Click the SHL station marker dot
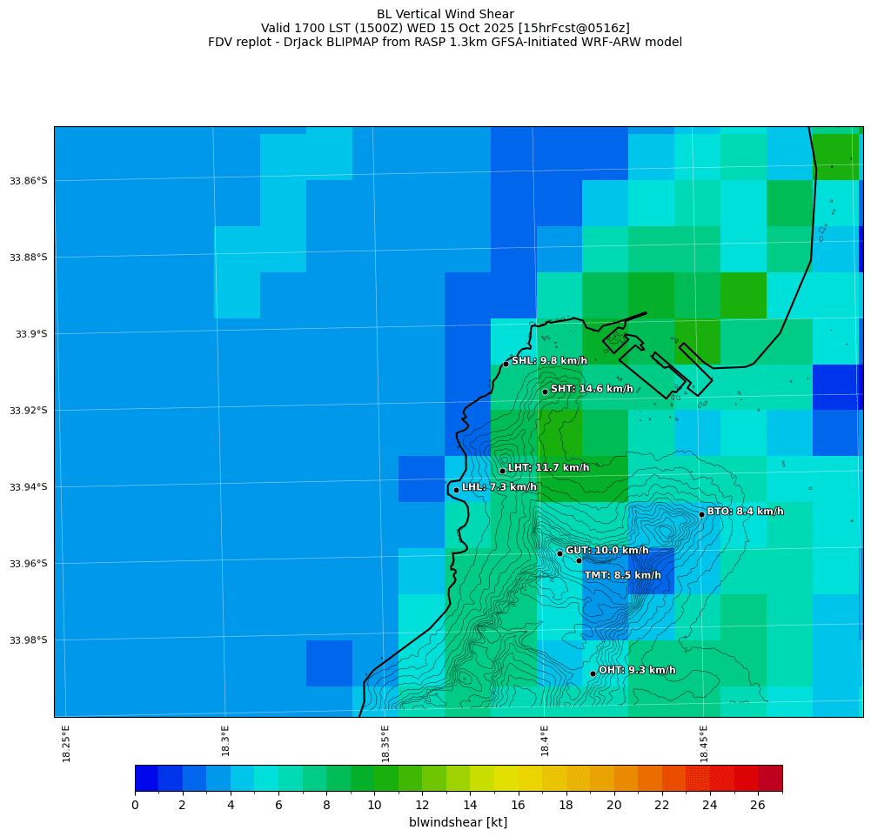coord(506,364)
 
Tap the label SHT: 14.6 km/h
coord(592,389)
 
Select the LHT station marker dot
coord(502,471)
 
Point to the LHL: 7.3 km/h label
coord(499,487)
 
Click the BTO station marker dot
coord(701,514)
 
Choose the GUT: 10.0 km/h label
coord(606,551)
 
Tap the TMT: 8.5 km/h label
coord(622,575)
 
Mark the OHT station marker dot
coord(593,673)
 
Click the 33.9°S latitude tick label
coord(31,333)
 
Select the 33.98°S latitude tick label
coord(29,639)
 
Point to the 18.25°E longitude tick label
coord(66,742)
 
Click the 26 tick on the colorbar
coord(758,806)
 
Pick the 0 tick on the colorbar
coord(135,806)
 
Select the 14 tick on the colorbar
coord(470,806)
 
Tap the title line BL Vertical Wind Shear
coord(445,14)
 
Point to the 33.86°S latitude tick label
coord(29,180)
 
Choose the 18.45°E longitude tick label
coord(704,742)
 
